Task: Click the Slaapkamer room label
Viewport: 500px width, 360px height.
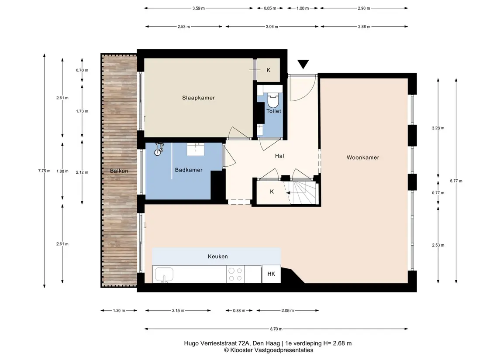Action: [x=198, y=98]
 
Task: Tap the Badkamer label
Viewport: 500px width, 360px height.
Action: [x=189, y=170]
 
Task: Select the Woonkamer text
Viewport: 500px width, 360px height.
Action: [x=363, y=158]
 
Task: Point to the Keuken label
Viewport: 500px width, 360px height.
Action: [x=218, y=256]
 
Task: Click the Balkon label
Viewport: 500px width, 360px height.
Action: [x=119, y=171]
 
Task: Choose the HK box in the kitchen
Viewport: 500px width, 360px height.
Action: [x=271, y=274]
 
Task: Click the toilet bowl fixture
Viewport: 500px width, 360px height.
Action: [x=273, y=100]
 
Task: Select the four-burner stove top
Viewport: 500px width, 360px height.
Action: [x=235, y=274]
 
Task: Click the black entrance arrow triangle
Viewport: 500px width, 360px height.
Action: [x=303, y=64]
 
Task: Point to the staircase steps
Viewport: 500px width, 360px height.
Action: [x=303, y=193]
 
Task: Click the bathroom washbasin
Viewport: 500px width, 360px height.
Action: [x=196, y=149]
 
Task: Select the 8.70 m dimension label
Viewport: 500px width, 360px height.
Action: [x=276, y=329]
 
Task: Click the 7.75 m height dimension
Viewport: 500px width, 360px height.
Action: [x=45, y=171]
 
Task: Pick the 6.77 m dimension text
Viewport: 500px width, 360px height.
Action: [x=456, y=181]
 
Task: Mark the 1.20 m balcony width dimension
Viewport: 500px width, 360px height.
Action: [x=119, y=310]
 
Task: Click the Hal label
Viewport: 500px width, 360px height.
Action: [x=279, y=156]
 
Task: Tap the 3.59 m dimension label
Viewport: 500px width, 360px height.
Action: [x=198, y=8]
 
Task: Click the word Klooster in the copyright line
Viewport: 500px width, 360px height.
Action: [x=241, y=350]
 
